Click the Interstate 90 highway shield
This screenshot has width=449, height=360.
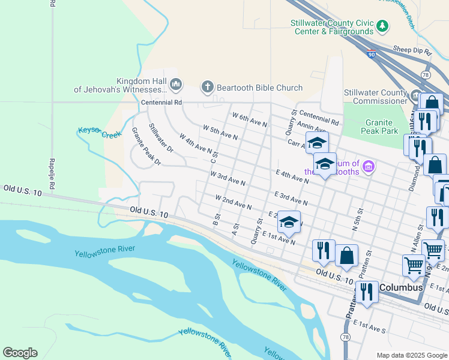372,53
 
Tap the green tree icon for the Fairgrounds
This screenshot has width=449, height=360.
382,26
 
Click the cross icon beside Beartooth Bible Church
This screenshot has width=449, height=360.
208,87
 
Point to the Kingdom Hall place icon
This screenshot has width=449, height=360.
176,85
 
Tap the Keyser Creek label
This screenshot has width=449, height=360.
99,132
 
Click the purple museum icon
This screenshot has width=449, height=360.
369,166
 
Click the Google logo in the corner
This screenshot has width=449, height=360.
20,353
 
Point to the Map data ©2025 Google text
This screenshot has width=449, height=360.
412,355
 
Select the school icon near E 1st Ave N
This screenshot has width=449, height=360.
289,223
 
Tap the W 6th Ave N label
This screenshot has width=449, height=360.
249,118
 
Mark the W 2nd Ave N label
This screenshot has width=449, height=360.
234,202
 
